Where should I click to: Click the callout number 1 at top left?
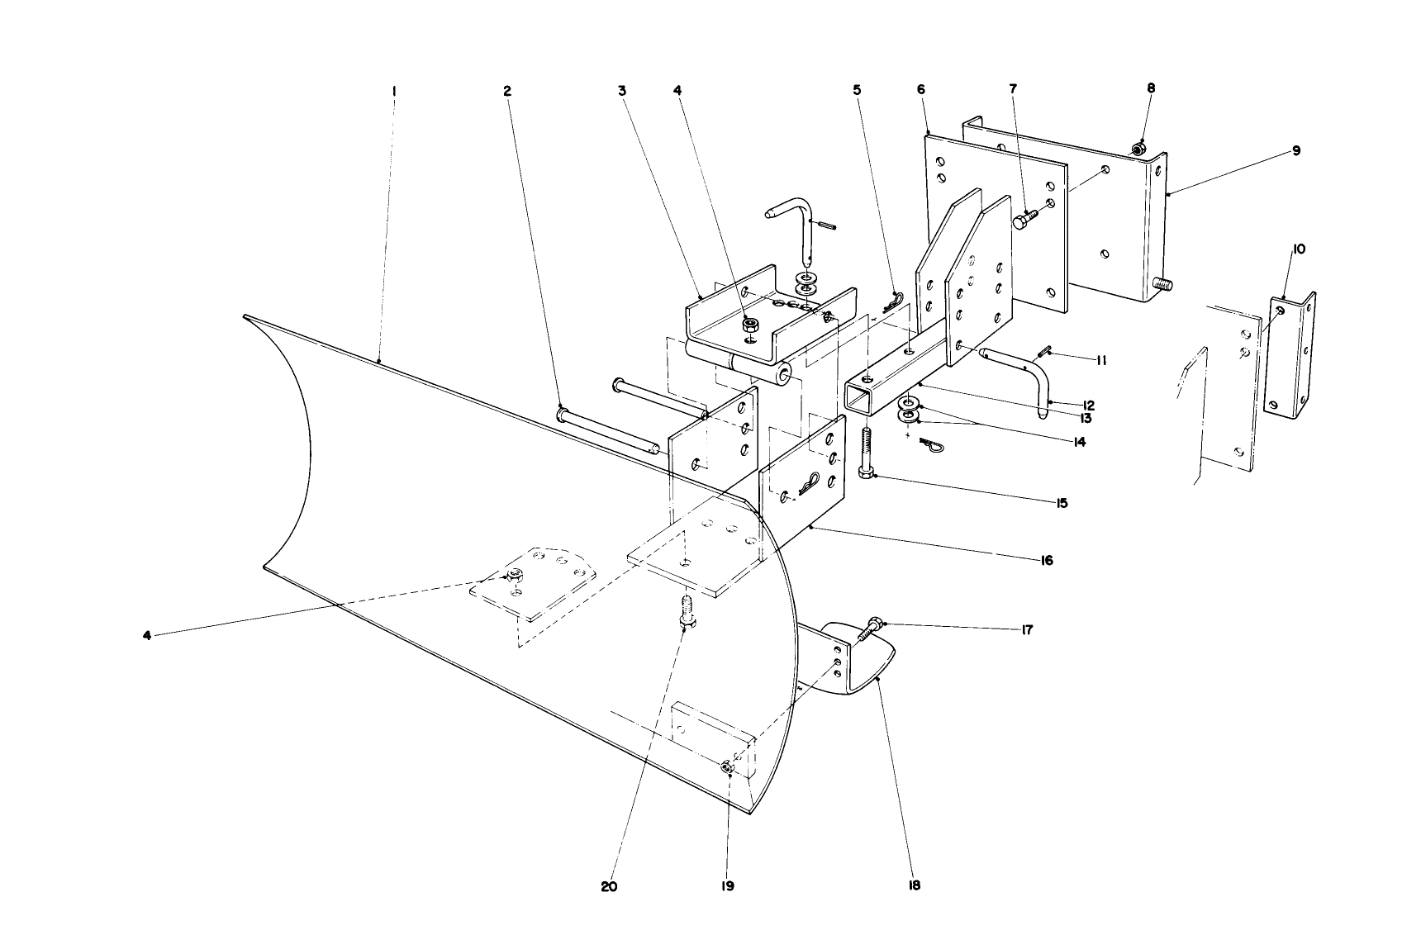click(394, 91)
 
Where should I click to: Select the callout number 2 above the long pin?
click(507, 91)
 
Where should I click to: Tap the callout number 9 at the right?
click(1296, 150)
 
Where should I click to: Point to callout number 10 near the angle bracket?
click(1299, 249)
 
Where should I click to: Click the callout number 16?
click(1046, 560)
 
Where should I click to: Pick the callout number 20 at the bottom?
click(609, 887)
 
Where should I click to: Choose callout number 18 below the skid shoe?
click(914, 885)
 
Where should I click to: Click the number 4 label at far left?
click(146, 635)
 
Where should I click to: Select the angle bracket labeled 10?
click(1290, 355)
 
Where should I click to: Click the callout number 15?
click(1061, 502)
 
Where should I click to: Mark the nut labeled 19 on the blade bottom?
click(727, 768)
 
